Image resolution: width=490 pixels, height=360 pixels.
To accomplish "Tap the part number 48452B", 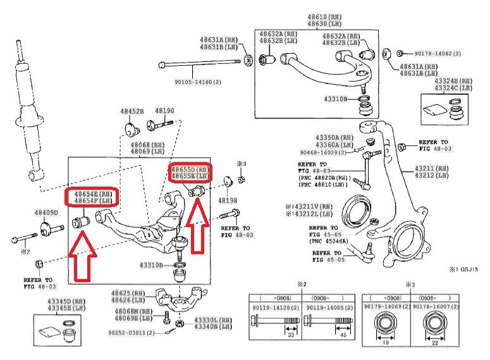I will click(x=133, y=111).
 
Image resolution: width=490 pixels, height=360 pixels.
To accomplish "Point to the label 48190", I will click(x=164, y=111).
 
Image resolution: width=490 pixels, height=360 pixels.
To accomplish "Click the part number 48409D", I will click(x=46, y=213).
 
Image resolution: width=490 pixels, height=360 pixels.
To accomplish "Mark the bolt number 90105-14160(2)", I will click(x=199, y=82).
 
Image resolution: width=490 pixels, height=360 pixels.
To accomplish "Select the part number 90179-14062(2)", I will click(x=438, y=54).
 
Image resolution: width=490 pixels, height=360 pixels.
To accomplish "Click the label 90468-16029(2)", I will click(x=324, y=152).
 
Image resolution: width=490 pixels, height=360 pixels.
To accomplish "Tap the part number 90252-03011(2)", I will click(x=130, y=333).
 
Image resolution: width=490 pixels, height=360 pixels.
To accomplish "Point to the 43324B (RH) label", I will click(x=453, y=82).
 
